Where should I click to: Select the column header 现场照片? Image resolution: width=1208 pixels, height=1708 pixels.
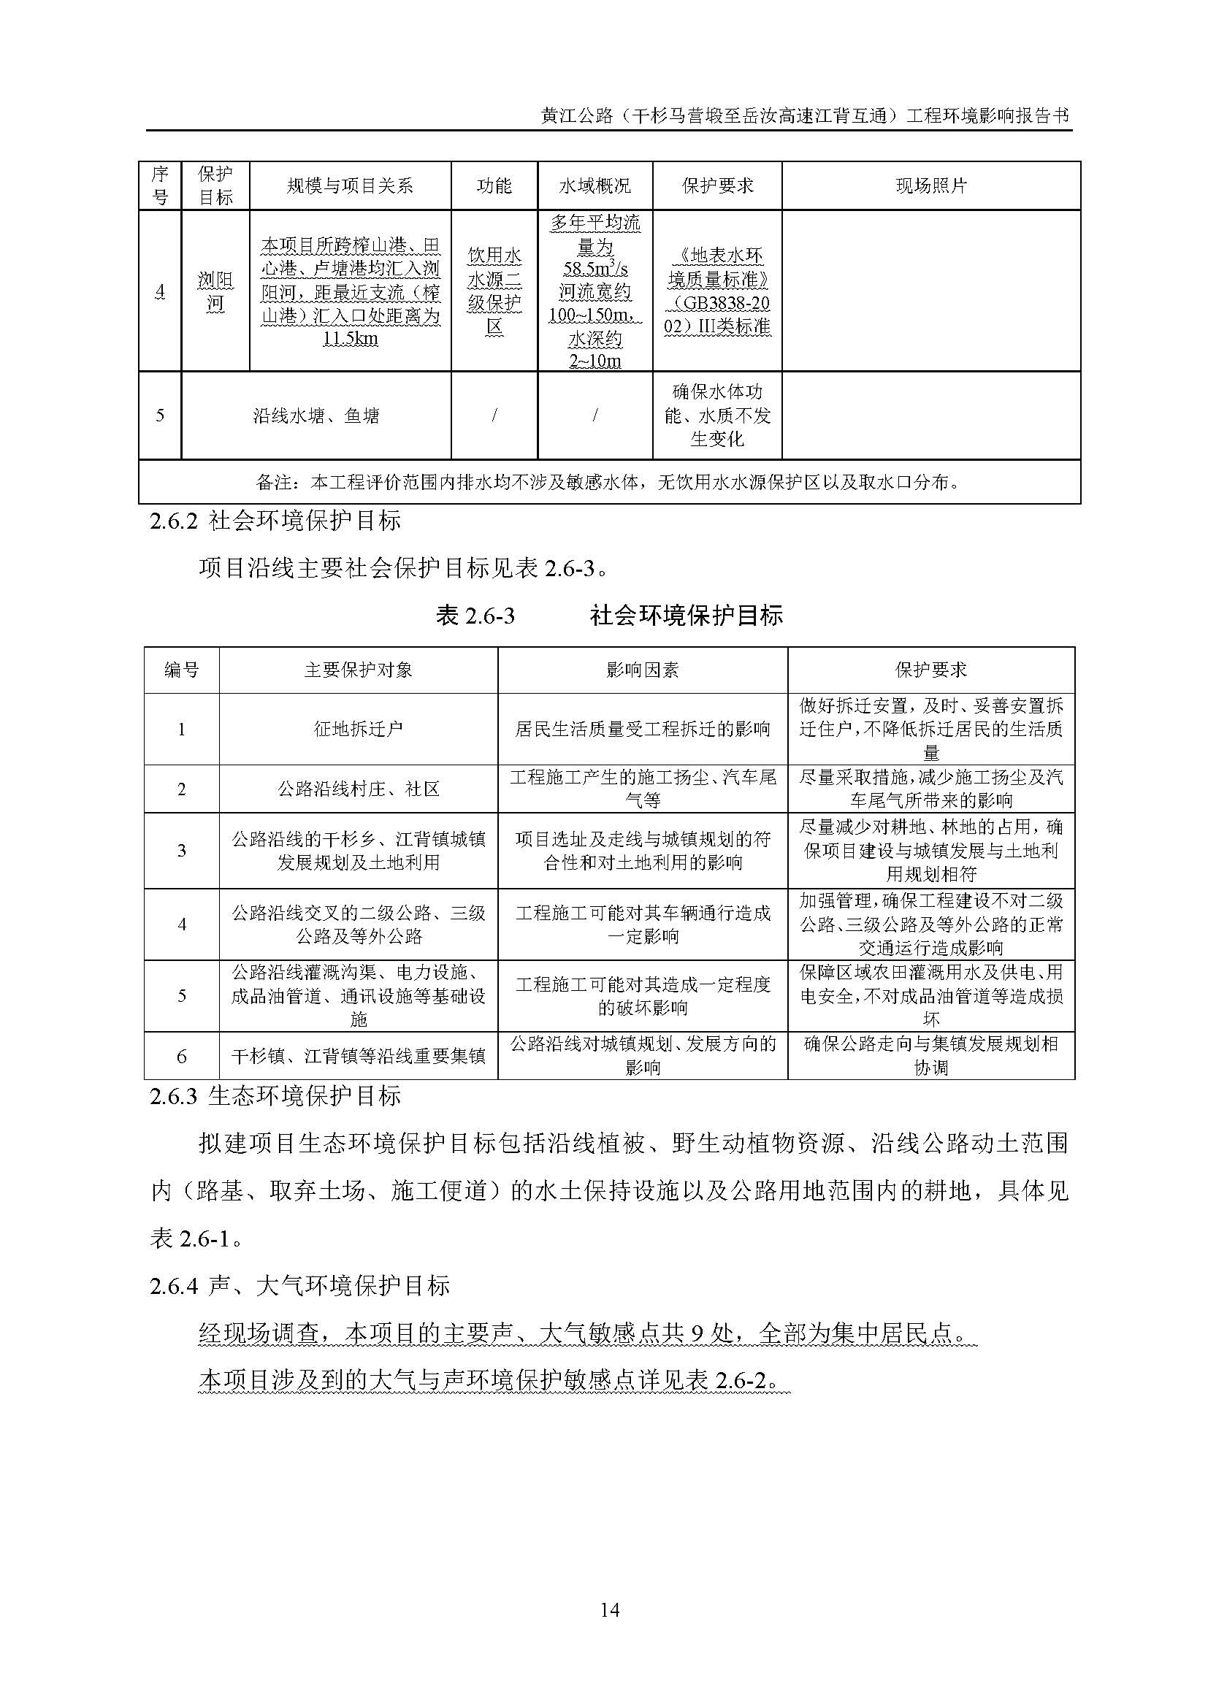(x=930, y=186)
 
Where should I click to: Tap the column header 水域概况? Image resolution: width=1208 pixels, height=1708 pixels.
(x=595, y=186)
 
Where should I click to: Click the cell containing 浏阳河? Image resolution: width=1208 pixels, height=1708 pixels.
(x=215, y=291)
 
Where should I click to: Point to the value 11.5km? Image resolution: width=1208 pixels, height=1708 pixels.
(x=351, y=340)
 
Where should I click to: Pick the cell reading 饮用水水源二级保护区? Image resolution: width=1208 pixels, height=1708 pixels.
(x=494, y=291)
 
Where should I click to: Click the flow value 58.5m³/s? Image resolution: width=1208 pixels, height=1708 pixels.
(x=595, y=269)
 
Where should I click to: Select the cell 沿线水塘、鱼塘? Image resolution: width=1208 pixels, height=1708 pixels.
(x=316, y=415)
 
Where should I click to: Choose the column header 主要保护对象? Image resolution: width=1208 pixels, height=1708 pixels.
(x=358, y=670)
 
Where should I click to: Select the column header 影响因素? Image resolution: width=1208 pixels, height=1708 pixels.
(x=642, y=670)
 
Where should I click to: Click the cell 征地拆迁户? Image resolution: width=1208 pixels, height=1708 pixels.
(x=358, y=729)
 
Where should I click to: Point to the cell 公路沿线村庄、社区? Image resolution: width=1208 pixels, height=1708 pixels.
(x=358, y=789)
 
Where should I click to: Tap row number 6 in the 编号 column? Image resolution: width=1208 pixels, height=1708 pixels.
(x=182, y=1057)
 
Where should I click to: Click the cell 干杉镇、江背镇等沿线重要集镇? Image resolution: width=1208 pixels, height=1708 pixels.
(x=358, y=1057)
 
